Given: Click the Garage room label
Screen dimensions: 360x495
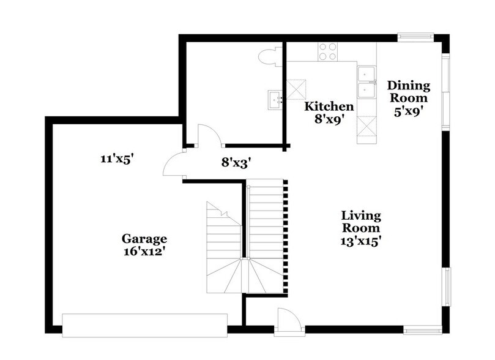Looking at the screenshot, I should click(x=144, y=238).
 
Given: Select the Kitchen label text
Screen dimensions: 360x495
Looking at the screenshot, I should click(x=329, y=106).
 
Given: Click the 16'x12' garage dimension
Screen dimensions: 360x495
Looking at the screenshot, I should click(x=144, y=251).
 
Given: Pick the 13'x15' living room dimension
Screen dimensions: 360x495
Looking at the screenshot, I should click(x=361, y=241).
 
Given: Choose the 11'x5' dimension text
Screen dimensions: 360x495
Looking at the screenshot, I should click(x=117, y=159).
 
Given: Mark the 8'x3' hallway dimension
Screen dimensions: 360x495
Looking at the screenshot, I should click(x=237, y=163).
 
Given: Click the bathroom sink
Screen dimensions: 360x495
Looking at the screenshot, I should click(x=275, y=98).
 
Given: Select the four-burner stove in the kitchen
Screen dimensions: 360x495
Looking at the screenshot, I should click(x=327, y=51).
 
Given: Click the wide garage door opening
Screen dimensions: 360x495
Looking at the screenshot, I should click(x=145, y=324).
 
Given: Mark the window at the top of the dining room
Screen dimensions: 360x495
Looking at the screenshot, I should click(x=415, y=36).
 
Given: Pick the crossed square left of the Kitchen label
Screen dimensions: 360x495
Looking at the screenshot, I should click(x=297, y=88).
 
